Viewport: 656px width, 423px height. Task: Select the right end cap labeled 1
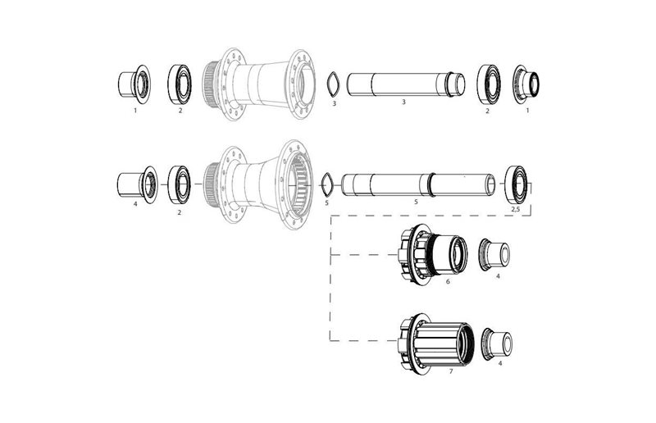(524, 85)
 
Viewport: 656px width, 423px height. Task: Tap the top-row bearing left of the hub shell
(179, 83)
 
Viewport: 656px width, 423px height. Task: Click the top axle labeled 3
(404, 85)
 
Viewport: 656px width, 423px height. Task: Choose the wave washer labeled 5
(326, 181)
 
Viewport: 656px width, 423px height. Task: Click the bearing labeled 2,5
(516, 183)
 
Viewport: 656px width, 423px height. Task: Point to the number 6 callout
(448, 282)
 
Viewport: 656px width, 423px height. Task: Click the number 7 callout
(451, 371)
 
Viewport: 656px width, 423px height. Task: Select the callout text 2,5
(515, 211)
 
